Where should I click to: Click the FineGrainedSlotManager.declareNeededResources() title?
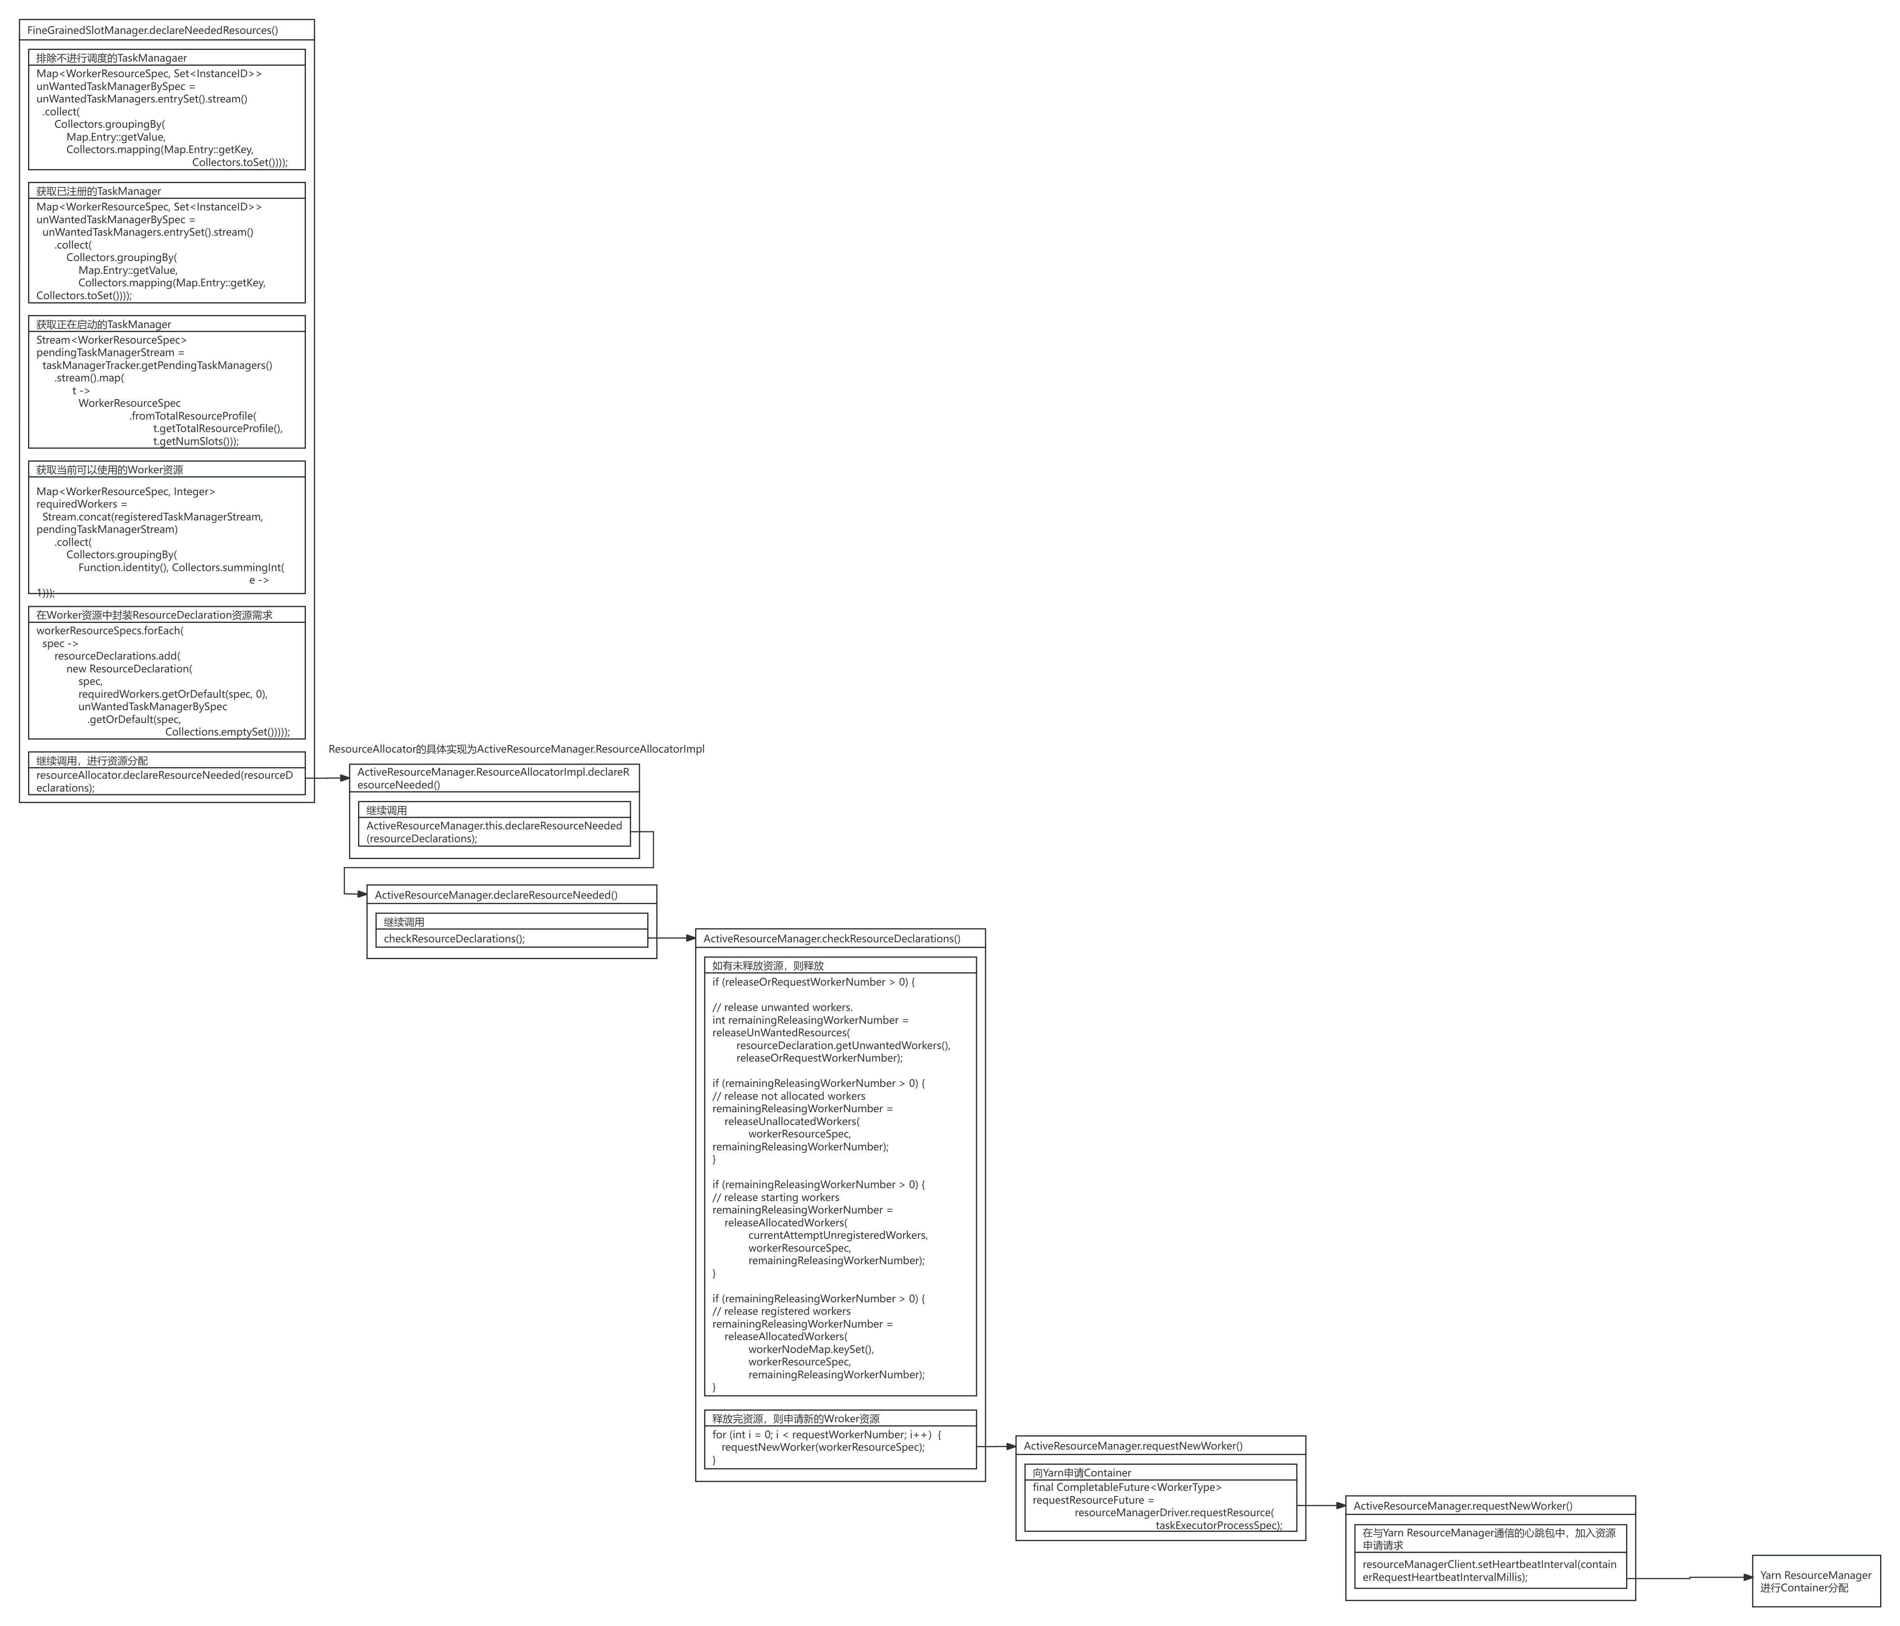(x=152, y=30)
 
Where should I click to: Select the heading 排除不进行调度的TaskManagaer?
(x=112, y=58)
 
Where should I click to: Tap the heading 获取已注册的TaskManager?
(x=99, y=190)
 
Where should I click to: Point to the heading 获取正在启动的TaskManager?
(x=104, y=324)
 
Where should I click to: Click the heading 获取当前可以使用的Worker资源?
(x=110, y=469)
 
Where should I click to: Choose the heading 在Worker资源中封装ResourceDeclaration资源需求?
(x=154, y=615)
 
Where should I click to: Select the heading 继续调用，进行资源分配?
(x=92, y=761)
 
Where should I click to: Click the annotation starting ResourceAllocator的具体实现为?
(x=516, y=749)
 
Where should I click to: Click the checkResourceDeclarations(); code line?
(x=454, y=938)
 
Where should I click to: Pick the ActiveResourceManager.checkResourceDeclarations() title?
(x=832, y=938)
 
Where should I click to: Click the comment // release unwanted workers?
(x=782, y=1007)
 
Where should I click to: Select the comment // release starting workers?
(x=776, y=1197)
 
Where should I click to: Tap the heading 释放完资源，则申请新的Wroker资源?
(x=796, y=1418)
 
